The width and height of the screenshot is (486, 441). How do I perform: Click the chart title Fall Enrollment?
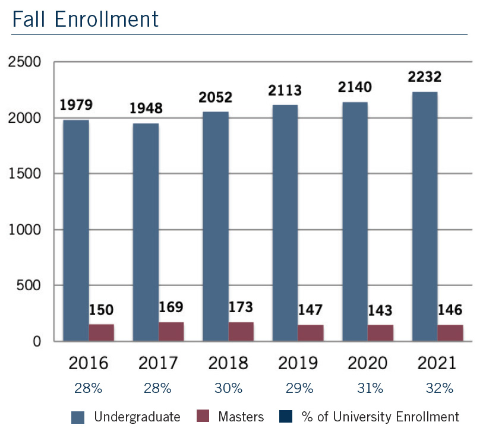pos(86,19)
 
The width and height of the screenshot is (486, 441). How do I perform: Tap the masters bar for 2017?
pos(171,331)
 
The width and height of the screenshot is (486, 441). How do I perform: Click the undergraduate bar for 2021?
pos(424,217)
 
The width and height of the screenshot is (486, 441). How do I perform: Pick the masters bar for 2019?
pos(311,332)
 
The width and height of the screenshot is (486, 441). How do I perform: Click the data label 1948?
pos(146,109)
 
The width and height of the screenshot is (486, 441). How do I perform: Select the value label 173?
pos(241,307)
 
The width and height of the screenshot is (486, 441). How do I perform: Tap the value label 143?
pos(380,311)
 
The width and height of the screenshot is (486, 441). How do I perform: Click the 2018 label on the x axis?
pos(228,363)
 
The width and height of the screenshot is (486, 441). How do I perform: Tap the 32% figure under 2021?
pos(439,389)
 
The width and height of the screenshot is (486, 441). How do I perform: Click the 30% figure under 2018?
pos(228,389)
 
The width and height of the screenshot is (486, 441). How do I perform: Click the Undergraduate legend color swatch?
pos(78,417)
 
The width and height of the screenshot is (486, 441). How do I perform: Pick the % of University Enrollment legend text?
pos(377,417)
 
